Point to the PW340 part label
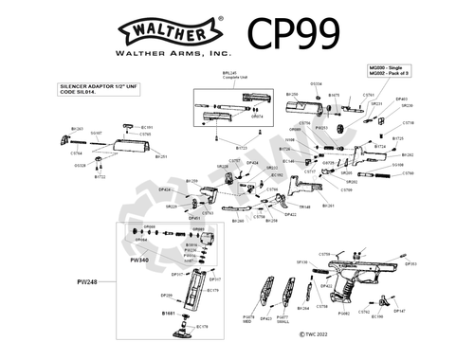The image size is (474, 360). coord(138,259)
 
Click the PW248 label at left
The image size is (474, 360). coord(88,281)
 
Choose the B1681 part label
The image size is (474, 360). coord(169,312)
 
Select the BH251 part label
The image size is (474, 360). coord(161,156)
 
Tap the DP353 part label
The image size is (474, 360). coord(411,264)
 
